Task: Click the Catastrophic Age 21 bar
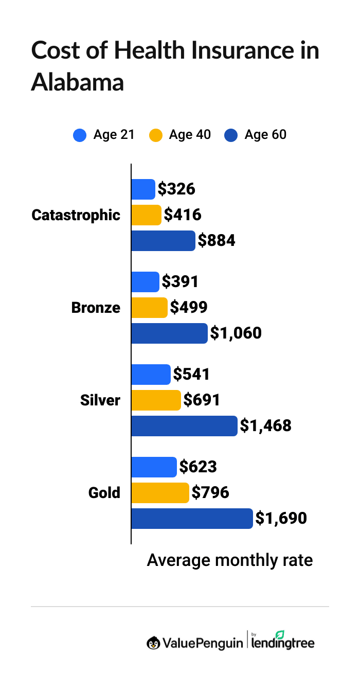[143, 189]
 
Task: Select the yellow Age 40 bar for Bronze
[149, 308]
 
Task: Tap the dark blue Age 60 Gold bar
[192, 519]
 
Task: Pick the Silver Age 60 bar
[184, 426]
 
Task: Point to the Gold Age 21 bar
[154, 467]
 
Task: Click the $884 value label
[217, 241]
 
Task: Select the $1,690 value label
[281, 519]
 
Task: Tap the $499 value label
[189, 308]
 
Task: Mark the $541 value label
[191, 375]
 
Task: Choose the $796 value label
[210, 493]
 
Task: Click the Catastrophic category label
[76, 215]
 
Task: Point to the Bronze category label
[96, 308]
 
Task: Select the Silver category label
[100, 400]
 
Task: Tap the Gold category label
[104, 493]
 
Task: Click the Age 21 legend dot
[80, 135]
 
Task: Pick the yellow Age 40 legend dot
[155, 135]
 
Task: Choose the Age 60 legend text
[265, 135]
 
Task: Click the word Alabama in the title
[77, 82]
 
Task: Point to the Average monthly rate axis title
[230, 560]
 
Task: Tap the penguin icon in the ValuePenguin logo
[153, 643]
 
